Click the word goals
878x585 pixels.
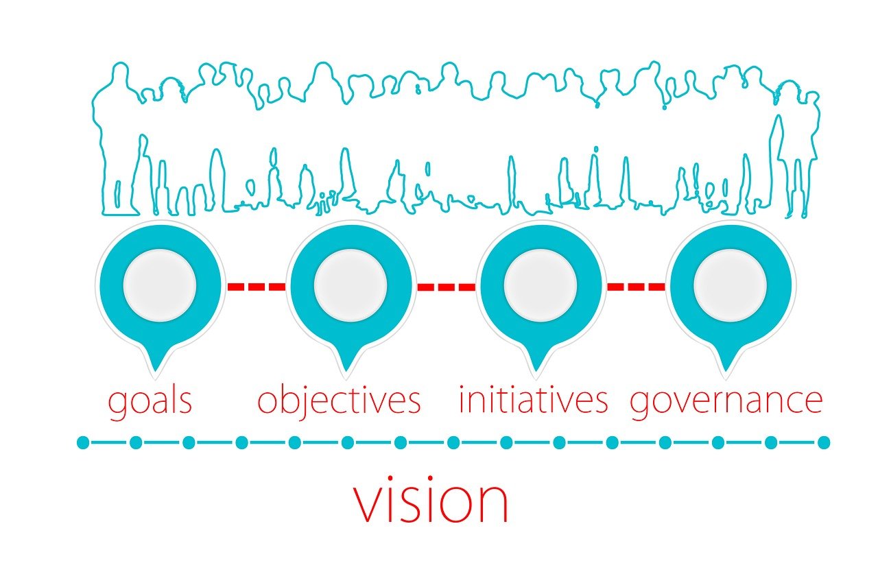click(x=150, y=401)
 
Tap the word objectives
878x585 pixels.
click(x=339, y=401)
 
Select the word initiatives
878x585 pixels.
click(x=533, y=400)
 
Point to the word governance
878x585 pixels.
click(x=726, y=401)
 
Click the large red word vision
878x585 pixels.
click(x=431, y=501)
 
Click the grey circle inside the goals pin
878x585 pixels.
click(x=160, y=285)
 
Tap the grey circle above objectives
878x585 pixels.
click(x=350, y=285)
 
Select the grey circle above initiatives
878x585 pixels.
click(x=540, y=285)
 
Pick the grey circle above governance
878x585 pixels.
click(x=730, y=285)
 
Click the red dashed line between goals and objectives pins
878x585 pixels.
click(x=257, y=287)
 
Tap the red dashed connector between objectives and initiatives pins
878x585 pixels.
click(x=446, y=287)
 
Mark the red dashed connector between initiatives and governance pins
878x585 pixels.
click(x=636, y=287)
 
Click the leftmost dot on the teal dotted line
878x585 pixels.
click(x=83, y=442)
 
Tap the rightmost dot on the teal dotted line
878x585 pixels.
click(x=824, y=442)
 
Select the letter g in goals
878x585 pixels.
click(x=117, y=405)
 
